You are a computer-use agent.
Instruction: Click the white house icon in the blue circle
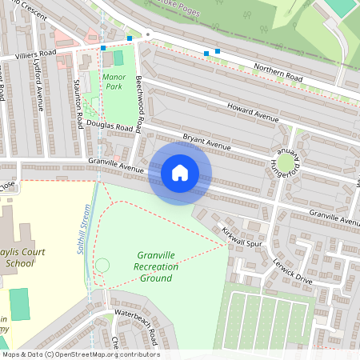pyautogui.click(x=180, y=173)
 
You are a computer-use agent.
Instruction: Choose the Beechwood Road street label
pyautogui.click(x=138, y=104)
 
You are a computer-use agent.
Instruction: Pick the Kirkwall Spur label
pyautogui.click(x=243, y=236)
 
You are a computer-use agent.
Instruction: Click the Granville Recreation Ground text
pyautogui.click(x=155, y=266)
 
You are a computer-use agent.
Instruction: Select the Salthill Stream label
pyautogui.click(x=82, y=229)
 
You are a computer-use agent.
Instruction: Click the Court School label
pyautogui.click(x=23, y=257)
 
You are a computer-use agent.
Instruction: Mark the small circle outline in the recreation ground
pyautogui.click(x=102, y=265)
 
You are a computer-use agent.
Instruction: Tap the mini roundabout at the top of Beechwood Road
pyautogui.click(x=148, y=34)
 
